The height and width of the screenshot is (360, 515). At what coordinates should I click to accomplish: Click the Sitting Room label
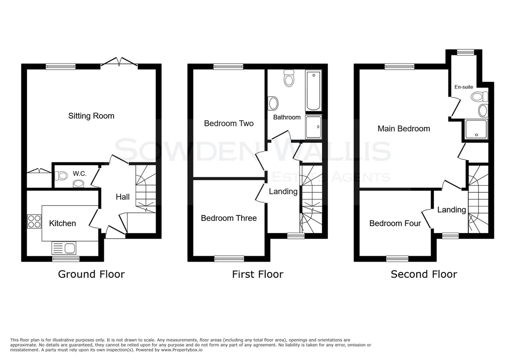91,116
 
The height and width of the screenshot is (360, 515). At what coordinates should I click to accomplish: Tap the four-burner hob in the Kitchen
34,221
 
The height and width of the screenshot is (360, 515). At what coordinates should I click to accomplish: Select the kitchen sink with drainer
64,248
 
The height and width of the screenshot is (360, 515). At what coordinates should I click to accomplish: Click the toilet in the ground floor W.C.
61,176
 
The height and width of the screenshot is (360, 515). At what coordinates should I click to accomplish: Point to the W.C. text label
79,173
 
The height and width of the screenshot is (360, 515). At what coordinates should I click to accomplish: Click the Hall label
123,197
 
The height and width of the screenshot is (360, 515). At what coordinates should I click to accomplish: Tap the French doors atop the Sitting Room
119,62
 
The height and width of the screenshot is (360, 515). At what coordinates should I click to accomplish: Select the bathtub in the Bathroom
313,91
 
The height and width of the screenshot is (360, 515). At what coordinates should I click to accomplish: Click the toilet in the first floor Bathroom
289,78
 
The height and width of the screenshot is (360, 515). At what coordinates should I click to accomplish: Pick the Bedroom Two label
229,124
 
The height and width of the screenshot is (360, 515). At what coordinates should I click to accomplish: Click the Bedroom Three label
229,218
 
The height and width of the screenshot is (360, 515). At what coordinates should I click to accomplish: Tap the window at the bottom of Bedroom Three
229,259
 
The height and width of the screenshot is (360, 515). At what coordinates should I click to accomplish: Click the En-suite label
464,87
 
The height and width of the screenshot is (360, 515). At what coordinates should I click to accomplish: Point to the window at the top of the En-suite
465,52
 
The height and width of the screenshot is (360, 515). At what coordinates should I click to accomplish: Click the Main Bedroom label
404,129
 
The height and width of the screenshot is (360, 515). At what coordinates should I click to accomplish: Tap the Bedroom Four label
395,224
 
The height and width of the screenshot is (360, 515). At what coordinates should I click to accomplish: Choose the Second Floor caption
424,274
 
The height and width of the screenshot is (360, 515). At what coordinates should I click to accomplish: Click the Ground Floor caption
91,274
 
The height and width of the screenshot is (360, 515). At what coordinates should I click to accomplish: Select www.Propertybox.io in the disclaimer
182,350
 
